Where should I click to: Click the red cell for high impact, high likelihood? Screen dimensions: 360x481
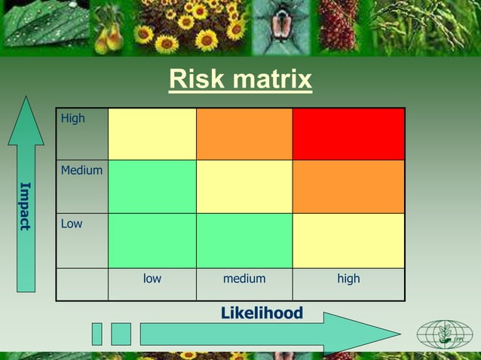[x=348, y=134]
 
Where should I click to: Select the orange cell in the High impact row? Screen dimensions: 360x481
[x=244, y=134]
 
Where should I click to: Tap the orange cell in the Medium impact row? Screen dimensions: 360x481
[x=348, y=186]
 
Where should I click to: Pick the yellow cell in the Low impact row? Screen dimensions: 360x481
[x=348, y=240]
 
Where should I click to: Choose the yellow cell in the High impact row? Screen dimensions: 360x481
[x=152, y=134]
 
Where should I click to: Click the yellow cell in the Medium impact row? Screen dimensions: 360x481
[x=244, y=186]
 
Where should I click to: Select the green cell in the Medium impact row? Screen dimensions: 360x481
[x=152, y=186]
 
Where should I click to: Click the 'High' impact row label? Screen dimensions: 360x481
[x=73, y=118]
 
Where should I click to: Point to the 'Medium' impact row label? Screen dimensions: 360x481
[x=81, y=171]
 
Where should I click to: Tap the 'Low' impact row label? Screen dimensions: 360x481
[x=72, y=224]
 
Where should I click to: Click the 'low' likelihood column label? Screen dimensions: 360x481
[x=152, y=279]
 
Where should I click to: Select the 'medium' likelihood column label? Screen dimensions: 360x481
[x=244, y=279]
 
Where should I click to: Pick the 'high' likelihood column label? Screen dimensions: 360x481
[x=348, y=279]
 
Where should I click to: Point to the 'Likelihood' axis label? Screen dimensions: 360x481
[x=262, y=313]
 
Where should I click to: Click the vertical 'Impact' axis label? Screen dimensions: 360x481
[x=26, y=206]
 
